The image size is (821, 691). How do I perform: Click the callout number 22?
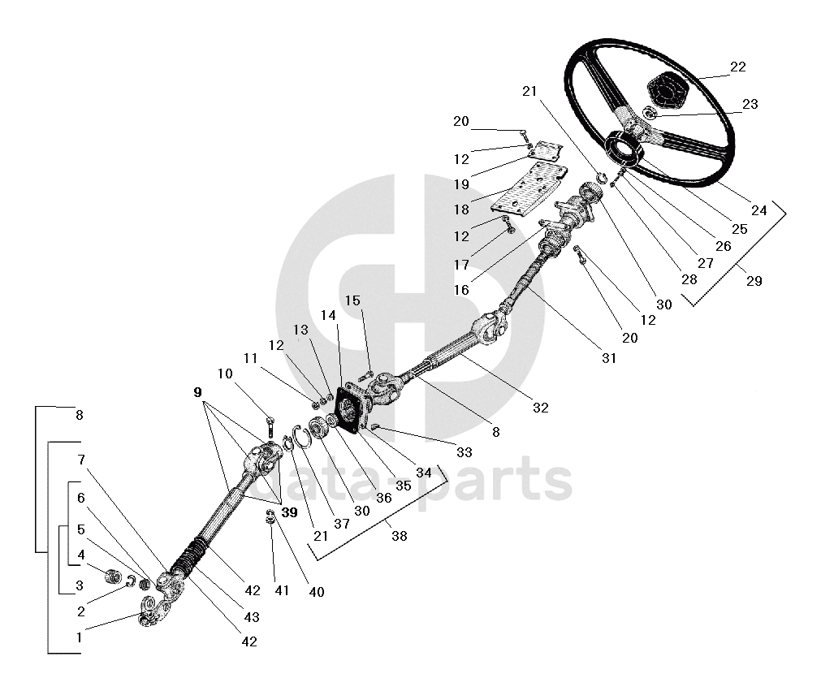(x=737, y=67)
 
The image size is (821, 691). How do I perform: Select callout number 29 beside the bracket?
(x=754, y=281)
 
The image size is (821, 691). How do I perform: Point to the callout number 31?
(x=609, y=358)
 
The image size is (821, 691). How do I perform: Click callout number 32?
(x=540, y=408)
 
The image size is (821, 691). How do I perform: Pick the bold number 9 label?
(x=197, y=392)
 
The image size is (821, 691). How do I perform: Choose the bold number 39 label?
(x=290, y=512)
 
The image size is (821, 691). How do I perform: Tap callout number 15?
(x=352, y=300)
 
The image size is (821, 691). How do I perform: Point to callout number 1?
(x=79, y=637)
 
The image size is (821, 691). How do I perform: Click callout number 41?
(x=281, y=590)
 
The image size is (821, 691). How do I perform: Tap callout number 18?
(x=461, y=209)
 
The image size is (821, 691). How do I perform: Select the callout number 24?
(x=758, y=210)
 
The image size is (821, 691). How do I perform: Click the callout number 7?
(x=81, y=460)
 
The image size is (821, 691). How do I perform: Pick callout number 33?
(x=464, y=452)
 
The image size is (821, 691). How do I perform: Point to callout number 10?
(x=225, y=374)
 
